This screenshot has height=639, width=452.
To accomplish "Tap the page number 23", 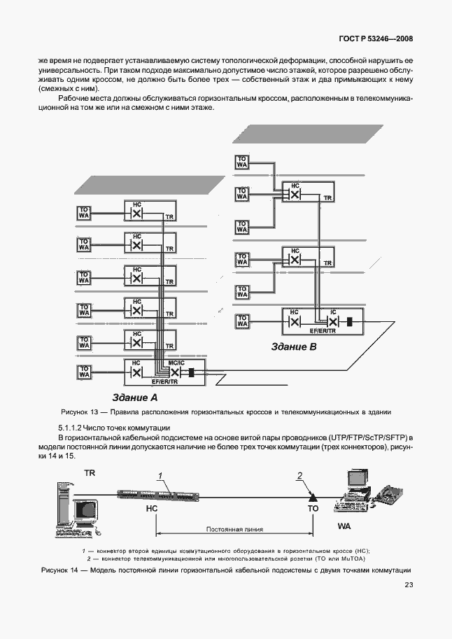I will point(409,585).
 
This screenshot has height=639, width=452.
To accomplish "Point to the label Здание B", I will point(295,346).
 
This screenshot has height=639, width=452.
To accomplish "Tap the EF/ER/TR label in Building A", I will point(164,382).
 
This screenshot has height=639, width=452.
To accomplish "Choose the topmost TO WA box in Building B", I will point(242,162).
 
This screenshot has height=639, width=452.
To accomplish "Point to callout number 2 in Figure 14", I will point(299,477).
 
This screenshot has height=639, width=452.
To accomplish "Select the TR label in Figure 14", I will point(90,474).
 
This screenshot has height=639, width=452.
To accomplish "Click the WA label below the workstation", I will point(344,524).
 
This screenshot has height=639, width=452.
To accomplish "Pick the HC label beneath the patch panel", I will point(151,510).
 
